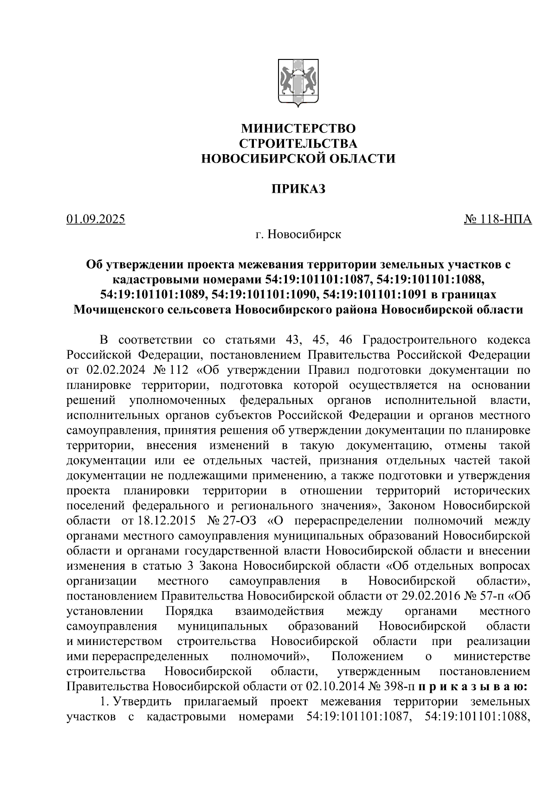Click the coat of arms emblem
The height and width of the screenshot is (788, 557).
(x=298, y=84)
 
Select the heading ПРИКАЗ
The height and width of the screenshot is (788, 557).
(x=298, y=189)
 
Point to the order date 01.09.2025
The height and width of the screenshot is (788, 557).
(x=96, y=219)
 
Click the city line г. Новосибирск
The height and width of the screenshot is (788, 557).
(x=298, y=234)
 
